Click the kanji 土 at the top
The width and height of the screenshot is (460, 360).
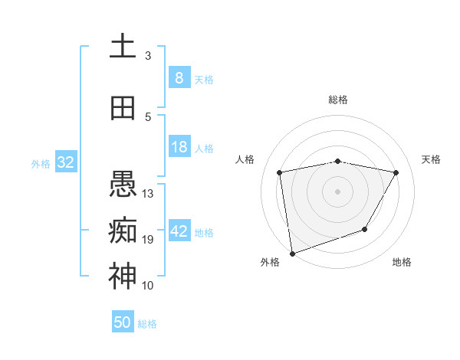pyautogui.click(x=123, y=45)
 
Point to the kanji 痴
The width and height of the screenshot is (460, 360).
pyautogui.click(x=123, y=229)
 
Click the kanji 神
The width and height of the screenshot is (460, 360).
pyautogui.click(x=123, y=276)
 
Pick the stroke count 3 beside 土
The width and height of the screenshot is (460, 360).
pyautogui.click(x=148, y=55)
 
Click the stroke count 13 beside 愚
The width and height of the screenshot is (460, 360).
pyautogui.click(x=148, y=194)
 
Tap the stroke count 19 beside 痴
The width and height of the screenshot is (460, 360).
pyautogui.click(x=148, y=240)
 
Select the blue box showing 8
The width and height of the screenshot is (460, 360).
pyautogui.click(x=179, y=77)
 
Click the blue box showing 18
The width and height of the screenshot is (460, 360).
pyautogui.click(x=179, y=147)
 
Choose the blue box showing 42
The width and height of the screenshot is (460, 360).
pyautogui.click(x=179, y=231)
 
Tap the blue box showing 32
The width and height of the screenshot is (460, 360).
pyautogui.click(x=65, y=162)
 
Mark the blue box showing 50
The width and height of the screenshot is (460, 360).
pyautogui.click(x=122, y=322)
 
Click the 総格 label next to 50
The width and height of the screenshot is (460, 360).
pyautogui.click(x=148, y=324)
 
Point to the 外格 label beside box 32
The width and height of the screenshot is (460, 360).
pyautogui.click(x=41, y=164)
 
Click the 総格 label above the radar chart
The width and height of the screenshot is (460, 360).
pyautogui.click(x=337, y=100)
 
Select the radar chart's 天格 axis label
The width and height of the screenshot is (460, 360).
pyautogui.click(x=431, y=159)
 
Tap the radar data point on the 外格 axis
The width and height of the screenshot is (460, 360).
pyautogui.click(x=292, y=252)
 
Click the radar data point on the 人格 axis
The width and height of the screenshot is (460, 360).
pyautogui.click(x=280, y=172)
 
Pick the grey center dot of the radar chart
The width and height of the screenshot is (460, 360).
pyautogui.click(x=337, y=191)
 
